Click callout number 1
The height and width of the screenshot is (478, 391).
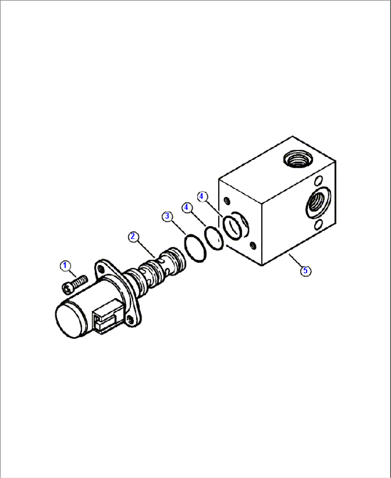pos(65,266)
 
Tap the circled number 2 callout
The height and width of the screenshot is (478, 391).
pos(133,236)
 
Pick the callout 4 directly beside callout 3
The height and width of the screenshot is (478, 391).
pos(186,207)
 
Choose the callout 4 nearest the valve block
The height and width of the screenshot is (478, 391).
pos(201,196)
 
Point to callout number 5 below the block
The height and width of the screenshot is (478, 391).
pos(305,271)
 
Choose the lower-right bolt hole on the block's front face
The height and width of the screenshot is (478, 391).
pos(253,245)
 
